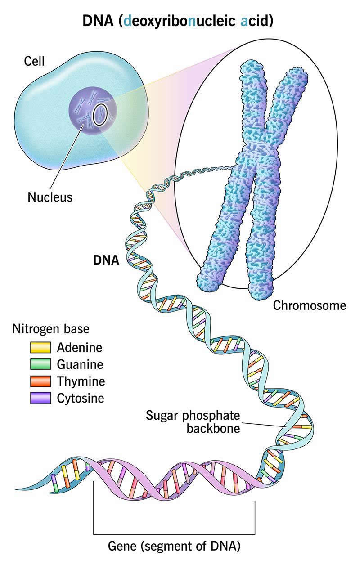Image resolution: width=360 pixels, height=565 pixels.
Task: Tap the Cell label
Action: click(34, 61)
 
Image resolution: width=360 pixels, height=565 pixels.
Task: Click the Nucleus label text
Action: click(49, 197)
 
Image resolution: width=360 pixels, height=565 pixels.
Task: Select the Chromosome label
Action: click(310, 305)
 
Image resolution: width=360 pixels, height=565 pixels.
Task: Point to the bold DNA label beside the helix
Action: click(106, 260)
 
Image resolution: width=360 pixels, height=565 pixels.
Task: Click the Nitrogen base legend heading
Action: click(50, 329)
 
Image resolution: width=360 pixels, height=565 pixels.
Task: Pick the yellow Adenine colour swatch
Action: click(40, 348)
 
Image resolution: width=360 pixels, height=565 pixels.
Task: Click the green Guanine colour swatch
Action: click(40, 364)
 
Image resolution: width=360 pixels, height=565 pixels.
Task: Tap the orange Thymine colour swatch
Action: click(40, 381)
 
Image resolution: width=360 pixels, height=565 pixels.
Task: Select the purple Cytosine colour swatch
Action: click(40, 398)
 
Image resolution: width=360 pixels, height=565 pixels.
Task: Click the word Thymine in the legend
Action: click(81, 381)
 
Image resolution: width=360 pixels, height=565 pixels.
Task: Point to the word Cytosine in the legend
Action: click(81, 398)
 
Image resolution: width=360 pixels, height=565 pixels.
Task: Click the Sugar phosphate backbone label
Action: click(193, 421)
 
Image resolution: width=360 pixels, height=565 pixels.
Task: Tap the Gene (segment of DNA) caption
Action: click(175, 547)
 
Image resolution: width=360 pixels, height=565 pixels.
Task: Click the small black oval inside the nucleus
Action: click(99, 115)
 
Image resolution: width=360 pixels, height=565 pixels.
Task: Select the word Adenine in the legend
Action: click(80, 348)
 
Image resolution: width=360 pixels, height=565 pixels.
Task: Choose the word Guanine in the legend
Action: click(80, 364)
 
